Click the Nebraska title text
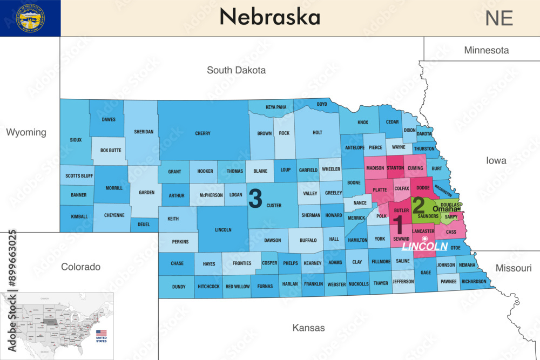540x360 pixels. coord(269,17)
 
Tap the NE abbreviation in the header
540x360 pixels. coord(498,18)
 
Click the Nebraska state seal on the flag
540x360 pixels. coord(31,17)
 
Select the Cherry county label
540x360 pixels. coord(202,133)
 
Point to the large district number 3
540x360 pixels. coord(255,198)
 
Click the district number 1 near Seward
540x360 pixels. coord(398,225)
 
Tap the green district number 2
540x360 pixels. coord(418,205)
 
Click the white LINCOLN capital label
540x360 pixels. coord(425,247)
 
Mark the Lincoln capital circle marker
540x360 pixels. coord(424,239)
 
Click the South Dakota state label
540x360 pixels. coord(237,70)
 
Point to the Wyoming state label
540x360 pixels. coord(26,132)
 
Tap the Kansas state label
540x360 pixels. coord(308,328)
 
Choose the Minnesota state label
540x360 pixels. coord(486,50)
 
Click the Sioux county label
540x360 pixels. coord(76,140)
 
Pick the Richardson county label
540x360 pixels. coord(474,281)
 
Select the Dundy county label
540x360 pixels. coord(179,287)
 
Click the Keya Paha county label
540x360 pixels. coord(276,107)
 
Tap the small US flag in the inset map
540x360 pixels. coord(101,333)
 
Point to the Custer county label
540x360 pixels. coord(274,206)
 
